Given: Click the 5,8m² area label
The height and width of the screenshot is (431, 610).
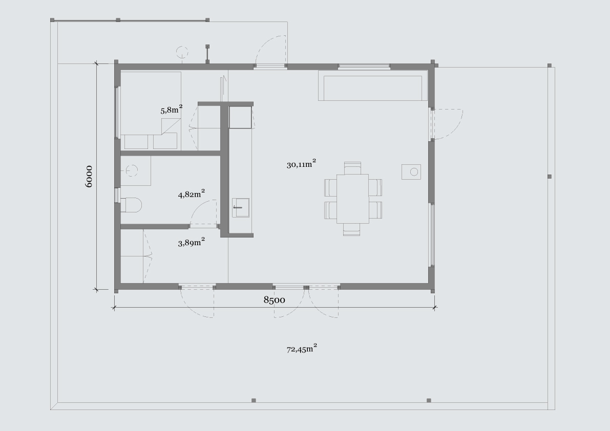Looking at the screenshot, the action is coord(172,110).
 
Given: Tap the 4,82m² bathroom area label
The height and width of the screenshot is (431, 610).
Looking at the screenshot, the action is coord(192,193).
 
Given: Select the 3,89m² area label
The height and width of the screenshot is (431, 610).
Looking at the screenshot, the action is coord(192,242).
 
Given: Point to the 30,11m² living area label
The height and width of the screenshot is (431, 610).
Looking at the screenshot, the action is coord(302,164).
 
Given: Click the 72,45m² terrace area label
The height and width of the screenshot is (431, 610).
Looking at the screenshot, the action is coord(302,348).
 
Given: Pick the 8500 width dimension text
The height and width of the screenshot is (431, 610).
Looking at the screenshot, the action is coord(274,299).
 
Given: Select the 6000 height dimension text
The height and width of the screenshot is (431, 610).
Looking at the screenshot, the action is coord(89,177).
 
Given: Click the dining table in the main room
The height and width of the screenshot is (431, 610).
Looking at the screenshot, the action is coord(352,199).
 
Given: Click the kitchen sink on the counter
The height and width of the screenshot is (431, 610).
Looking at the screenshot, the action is coord(241,208).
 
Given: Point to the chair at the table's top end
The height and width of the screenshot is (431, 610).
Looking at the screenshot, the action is coord(352,168).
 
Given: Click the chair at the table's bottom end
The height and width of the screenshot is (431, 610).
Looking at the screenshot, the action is coord(351,229).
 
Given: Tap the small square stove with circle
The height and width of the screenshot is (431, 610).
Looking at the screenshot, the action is coord(411,171).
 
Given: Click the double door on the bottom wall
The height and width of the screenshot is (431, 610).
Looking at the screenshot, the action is coord(306,302).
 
